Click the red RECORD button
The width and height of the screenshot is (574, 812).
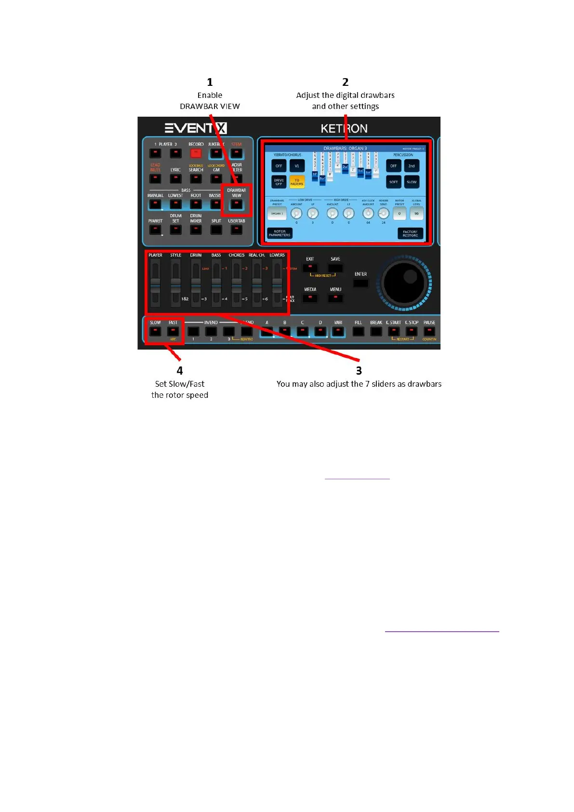pyautogui.click(x=196, y=153)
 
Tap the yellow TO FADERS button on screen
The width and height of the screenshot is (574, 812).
pyautogui.click(x=297, y=182)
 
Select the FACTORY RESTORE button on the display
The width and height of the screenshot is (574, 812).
pyautogui.click(x=410, y=234)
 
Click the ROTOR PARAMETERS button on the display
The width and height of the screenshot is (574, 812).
pyautogui.click(x=280, y=233)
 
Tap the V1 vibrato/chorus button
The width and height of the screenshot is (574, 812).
pyautogui.click(x=297, y=166)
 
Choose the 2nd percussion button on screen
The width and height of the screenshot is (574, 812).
pyautogui.click(x=412, y=166)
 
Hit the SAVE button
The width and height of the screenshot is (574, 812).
pyautogui.click(x=335, y=268)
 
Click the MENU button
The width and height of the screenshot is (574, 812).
pyautogui.click(x=335, y=298)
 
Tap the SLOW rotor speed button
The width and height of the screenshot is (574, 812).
pyautogui.click(x=155, y=331)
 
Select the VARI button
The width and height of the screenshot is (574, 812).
pyautogui.click(x=338, y=331)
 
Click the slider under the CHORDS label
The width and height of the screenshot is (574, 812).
pyautogui.click(x=236, y=284)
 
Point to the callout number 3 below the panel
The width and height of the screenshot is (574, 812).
pyautogui.click(x=359, y=370)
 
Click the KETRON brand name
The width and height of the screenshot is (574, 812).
pyautogui.click(x=344, y=128)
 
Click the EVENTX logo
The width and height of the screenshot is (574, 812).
pyautogui.click(x=196, y=128)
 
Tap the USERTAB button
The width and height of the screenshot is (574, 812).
pyautogui.click(x=236, y=230)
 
